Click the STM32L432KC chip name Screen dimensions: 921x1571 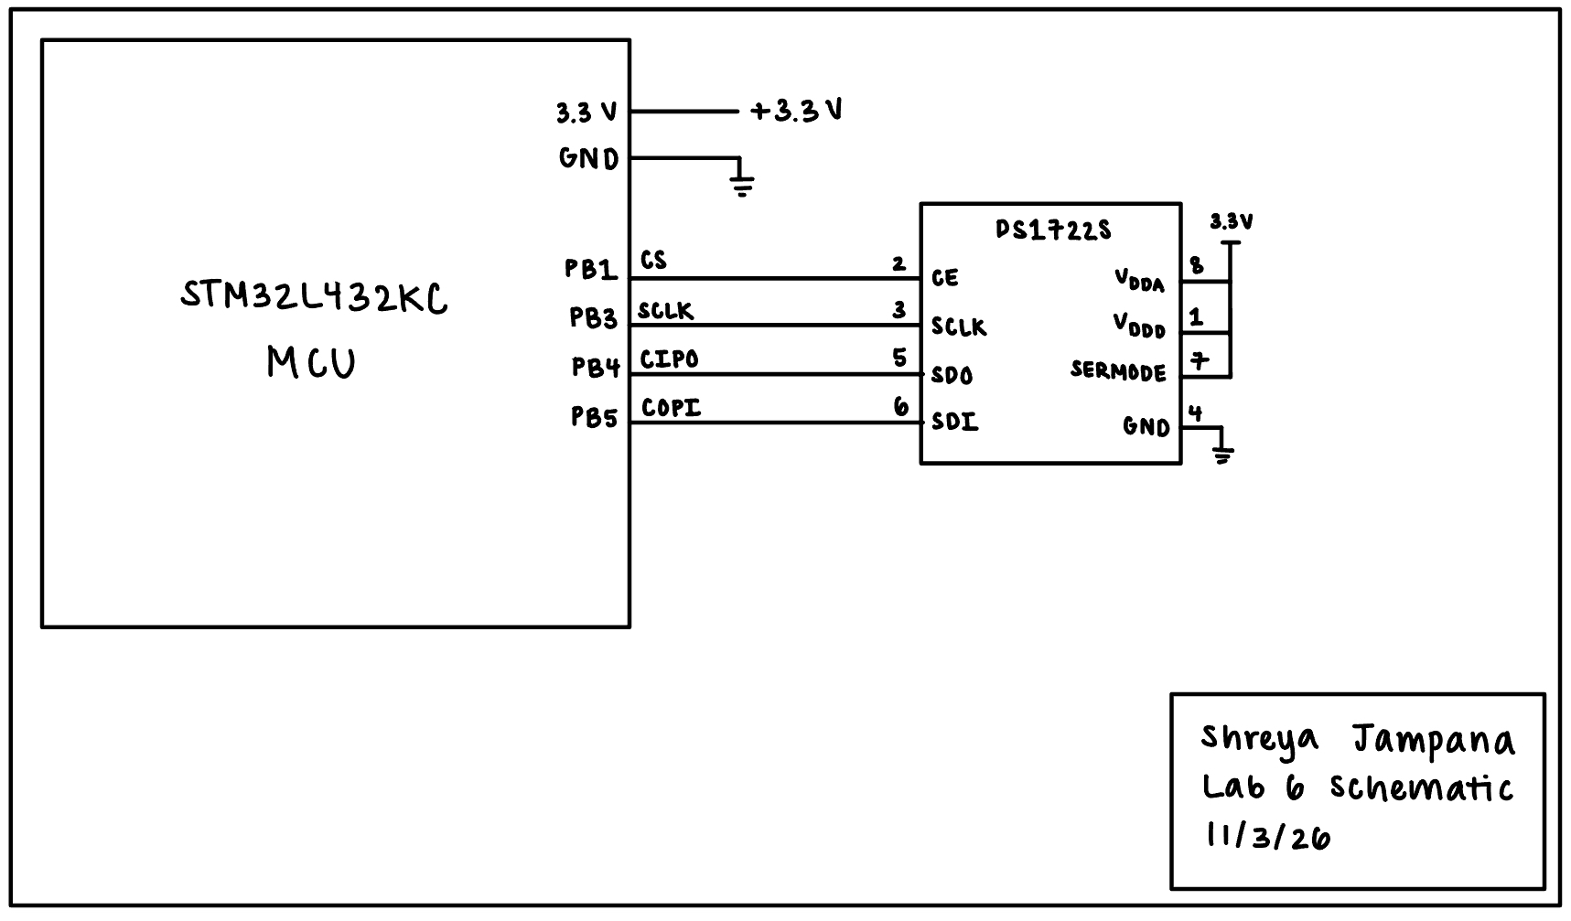(314, 297)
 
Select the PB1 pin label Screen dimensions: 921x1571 (591, 270)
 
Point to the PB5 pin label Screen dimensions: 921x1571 (595, 418)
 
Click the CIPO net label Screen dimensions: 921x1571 (669, 359)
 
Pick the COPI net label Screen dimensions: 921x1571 (672, 407)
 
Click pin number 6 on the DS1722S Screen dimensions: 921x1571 (901, 407)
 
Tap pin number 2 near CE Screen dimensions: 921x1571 (898, 264)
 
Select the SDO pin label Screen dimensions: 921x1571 (952, 375)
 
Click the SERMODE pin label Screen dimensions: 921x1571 (1118, 372)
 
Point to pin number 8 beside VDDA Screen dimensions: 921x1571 (1196, 266)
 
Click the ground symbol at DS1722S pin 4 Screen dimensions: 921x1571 (1221, 453)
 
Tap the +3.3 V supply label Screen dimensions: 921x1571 (796, 112)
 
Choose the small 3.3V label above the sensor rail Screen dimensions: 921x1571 (1231, 221)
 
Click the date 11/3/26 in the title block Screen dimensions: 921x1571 (1268, 836)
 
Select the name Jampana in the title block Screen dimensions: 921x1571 (1433, 741)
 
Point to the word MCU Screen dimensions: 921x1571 (311, 363)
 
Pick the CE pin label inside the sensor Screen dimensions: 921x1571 (945, 277)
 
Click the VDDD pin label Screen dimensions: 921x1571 (1139, 326)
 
